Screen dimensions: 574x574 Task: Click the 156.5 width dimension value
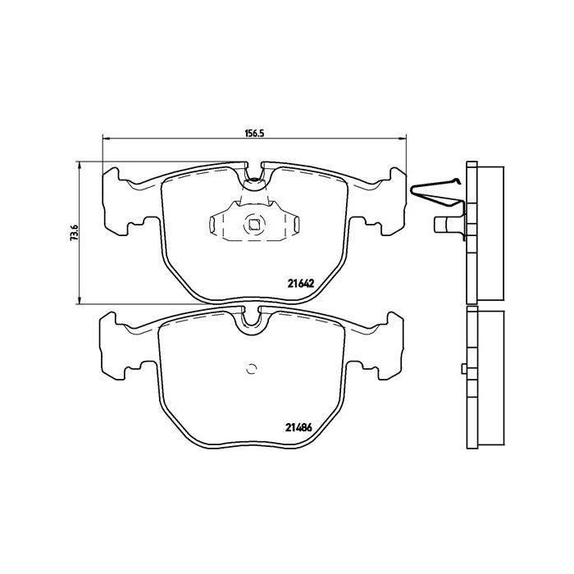[254, 133]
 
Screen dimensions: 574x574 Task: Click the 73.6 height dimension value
[75, 232]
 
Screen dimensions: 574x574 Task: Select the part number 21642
[301, 284]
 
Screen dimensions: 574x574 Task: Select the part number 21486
[298, 427]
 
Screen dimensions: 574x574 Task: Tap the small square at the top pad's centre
[253, 225]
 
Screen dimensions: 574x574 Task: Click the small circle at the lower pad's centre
[252, 369]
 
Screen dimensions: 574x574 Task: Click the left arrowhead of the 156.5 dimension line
[107, 138]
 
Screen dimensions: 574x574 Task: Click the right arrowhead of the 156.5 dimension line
[402, 138]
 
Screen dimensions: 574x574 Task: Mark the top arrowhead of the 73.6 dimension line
[79, 166]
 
